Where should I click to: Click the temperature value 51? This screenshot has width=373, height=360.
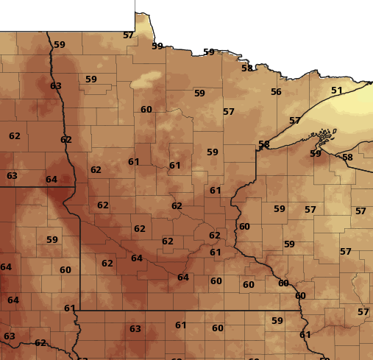pos(337,91)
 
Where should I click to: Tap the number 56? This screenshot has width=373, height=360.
pos(276,92)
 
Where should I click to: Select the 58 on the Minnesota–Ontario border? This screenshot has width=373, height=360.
pos(247,68)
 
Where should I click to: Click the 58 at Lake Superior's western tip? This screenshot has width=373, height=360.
pos(263,144)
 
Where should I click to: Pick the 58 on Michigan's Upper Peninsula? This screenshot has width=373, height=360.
pos(347,158)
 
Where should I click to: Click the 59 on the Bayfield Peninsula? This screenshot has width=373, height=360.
pos(316,154)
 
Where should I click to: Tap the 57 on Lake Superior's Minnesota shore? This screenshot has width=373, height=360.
pos(295,121)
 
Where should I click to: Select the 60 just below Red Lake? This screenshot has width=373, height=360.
pos(146,110)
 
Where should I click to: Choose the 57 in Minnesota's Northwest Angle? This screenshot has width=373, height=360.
pos(128,35)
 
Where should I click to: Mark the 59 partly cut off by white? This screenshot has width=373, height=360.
pos(157,46)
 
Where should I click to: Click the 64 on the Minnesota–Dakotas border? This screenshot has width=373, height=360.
pos(51,180)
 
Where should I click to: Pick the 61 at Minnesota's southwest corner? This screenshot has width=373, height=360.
pos(70,308)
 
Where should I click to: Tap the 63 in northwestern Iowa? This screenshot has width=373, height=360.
pos(135,329)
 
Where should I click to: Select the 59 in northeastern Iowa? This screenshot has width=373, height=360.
pos(277,321)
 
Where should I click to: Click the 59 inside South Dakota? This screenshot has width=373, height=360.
pos(52,240)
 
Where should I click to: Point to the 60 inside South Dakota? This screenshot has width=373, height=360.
pos(65,270)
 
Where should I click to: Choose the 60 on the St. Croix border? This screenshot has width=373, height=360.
pos(244,227)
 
